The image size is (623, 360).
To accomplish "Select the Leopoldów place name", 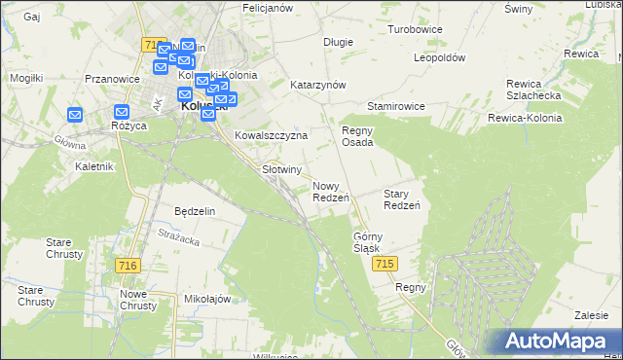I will tap(439, 57).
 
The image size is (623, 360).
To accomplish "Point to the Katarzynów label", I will tap(318, 85).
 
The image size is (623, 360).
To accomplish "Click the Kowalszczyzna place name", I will tap(271, 136).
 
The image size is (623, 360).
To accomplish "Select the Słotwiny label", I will tap(281, 168).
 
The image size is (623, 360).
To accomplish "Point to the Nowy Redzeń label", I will tap(331, 192).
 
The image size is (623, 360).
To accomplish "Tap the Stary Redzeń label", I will tap(401, 199).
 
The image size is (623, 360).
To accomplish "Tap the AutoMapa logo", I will tap(559, 340).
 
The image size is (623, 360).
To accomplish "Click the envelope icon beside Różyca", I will tap(122, 112).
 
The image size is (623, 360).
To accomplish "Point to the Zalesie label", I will tap(591, 315).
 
